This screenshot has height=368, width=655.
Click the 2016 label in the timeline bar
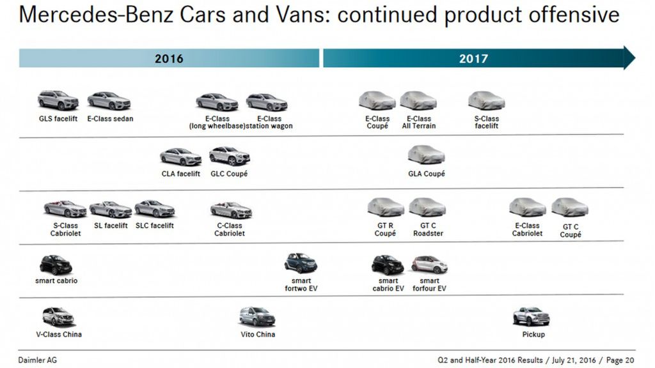click(169, 59)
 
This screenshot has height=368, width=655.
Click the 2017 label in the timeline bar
click(473, 59)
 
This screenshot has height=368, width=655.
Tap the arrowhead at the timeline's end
click(629, 57)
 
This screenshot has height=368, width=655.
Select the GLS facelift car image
click(58, 100)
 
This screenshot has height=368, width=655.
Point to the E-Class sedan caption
click(110, 119)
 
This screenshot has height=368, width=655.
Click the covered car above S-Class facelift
click(486, 100)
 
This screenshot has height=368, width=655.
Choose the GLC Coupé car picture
click(229, 156)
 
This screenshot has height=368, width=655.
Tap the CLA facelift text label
click(180, 174)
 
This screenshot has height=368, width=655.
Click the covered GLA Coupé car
click(426, 155)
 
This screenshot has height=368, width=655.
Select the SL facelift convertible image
click(110, 209)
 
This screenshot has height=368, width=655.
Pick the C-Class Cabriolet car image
click(231, 210)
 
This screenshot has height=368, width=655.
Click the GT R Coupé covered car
click(385, 207)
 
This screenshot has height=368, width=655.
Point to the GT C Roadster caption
click(428, 229)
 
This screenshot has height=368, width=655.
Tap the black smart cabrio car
click(56, 264)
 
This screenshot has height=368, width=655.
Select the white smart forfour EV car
click(429, 264)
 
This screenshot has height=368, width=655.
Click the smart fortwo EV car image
click(301, 263)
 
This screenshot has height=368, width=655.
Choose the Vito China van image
click(257, 316)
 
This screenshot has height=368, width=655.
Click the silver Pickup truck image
click(531, 316)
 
